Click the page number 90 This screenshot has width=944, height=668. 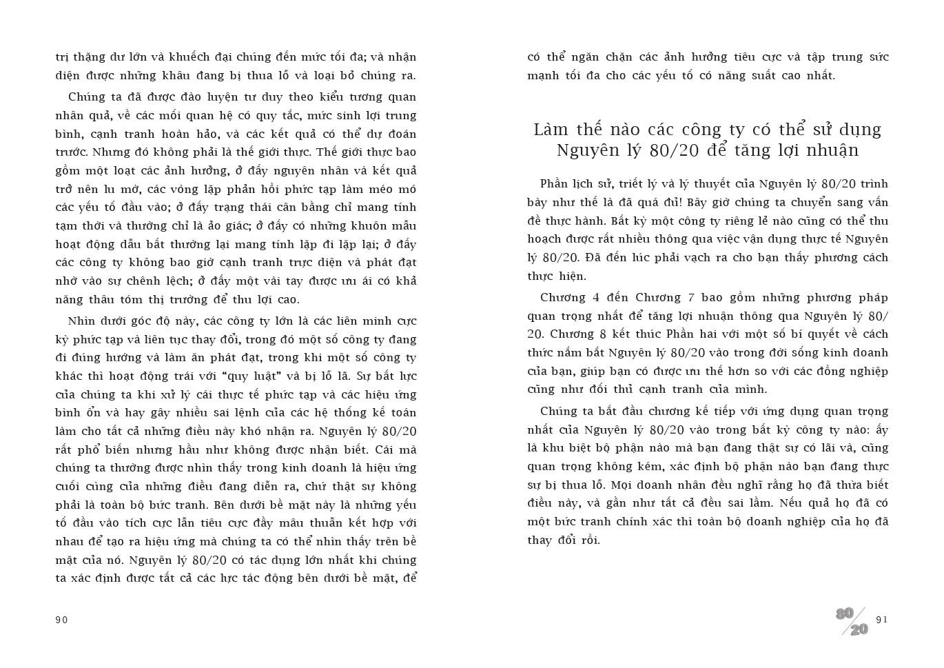click(x=61, y=620)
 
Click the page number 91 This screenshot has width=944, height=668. click(x=882, y=620)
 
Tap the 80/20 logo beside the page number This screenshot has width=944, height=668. click(x=852, y=621)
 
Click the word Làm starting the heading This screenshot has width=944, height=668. click(x=550, y=130)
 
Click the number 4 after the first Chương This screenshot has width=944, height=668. click(x=595, y=298)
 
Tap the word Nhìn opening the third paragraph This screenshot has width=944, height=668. click(x=82, y=321)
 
